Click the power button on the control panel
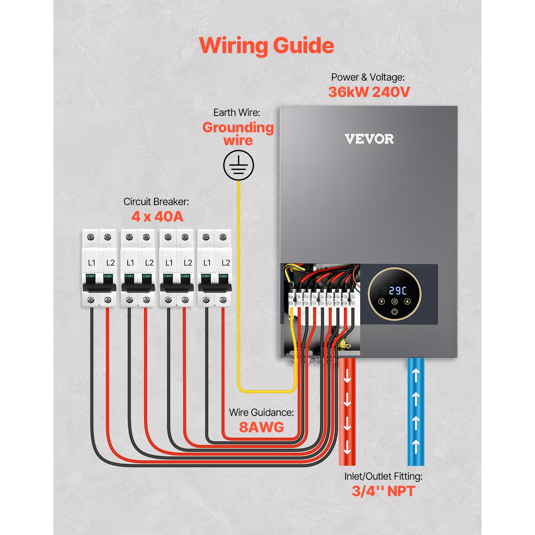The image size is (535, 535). click(x=394, y=312)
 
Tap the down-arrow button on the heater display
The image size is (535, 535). click(x=381, y=302)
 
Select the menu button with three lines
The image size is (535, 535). click(x=394, y=302)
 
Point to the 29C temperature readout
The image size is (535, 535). click(x=398, y=291)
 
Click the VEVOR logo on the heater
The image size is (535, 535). click(x=369, y=139)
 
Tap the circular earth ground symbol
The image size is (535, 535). click(x=239, y=165)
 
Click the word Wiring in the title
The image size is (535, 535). click(x=233, y=46)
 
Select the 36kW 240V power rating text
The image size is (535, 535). click(x=369, y=92)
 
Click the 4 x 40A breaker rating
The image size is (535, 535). click(x=157, y=216)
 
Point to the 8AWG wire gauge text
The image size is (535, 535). click(x=261, y=427)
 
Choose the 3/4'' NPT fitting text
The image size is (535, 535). click(x=383, y=491)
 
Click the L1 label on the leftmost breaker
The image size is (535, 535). click(x=92, y=263)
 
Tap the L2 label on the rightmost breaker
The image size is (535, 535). click(x=226, y=263)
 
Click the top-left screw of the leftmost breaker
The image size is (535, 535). click(x=91, y=237)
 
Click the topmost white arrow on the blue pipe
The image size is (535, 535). click(x=416, y=376)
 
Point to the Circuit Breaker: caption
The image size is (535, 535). click(x=156, y=202)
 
